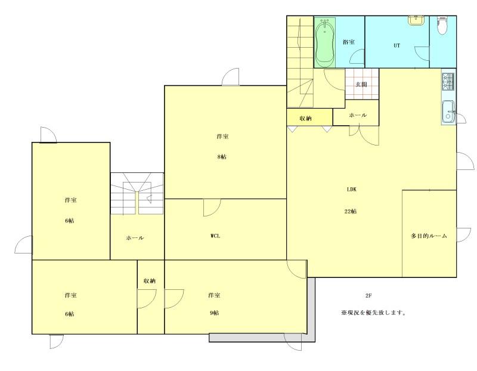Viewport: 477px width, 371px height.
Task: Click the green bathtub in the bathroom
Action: click(325, 42)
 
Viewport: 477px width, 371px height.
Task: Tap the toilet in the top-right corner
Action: click(441, 26)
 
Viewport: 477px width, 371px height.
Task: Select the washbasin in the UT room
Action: click(414, 20)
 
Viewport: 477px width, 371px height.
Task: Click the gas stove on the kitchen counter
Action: click(448, 82)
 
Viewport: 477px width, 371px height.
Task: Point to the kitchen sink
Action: click(448, 112)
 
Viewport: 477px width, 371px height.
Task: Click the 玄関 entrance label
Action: click(361, 84)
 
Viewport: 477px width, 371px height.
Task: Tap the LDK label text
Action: click(352, 189)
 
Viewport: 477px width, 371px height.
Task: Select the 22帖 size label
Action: click(351, 211)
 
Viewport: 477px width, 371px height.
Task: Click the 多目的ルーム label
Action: click(429, 236)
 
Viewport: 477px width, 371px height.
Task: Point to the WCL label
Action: click(215, 236)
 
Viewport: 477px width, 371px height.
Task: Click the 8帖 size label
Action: click(222, 157)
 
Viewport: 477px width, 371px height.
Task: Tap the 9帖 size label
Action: click(214, 313)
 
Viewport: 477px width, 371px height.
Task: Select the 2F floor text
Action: click(368, 295)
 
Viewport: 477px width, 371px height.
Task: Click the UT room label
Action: click(397, 46)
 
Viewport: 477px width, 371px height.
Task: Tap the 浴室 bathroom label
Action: click(349, 42)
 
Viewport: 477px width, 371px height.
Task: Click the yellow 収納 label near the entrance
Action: click(306, 118)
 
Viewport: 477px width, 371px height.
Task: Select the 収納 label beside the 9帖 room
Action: click(150, 281)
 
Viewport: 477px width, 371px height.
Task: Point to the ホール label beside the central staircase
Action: click(135, 238)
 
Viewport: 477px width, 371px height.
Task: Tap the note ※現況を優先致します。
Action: click(373, 313)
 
